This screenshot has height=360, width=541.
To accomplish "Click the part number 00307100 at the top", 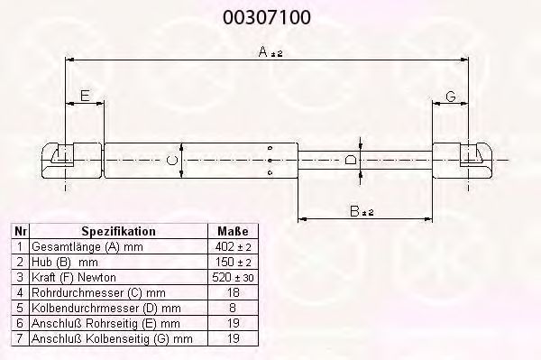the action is pyautogui.click(x=267, y=17).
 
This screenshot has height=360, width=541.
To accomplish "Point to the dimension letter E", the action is pyautogui.click(x=85, y=95).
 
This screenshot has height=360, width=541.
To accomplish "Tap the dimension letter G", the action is pyautogui.click(x=451, y=96).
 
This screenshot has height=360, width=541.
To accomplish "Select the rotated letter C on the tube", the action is pyautogui.click(x=172, y=161).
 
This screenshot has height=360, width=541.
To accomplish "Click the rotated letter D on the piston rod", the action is pyautogui.click(x=350, y=161).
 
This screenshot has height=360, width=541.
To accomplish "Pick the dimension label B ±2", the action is pyautogui.click(x=362, y=211).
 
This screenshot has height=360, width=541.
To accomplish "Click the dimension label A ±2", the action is pyautogui.click(x=270, y=52).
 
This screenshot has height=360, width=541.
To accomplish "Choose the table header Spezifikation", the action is pyautogui.click(x=118, y=231).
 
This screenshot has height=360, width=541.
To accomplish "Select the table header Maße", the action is pyautogui.click(x=233, y=231).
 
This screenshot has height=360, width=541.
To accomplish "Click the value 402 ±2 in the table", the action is pyautogui.click(x=233, y=247).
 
